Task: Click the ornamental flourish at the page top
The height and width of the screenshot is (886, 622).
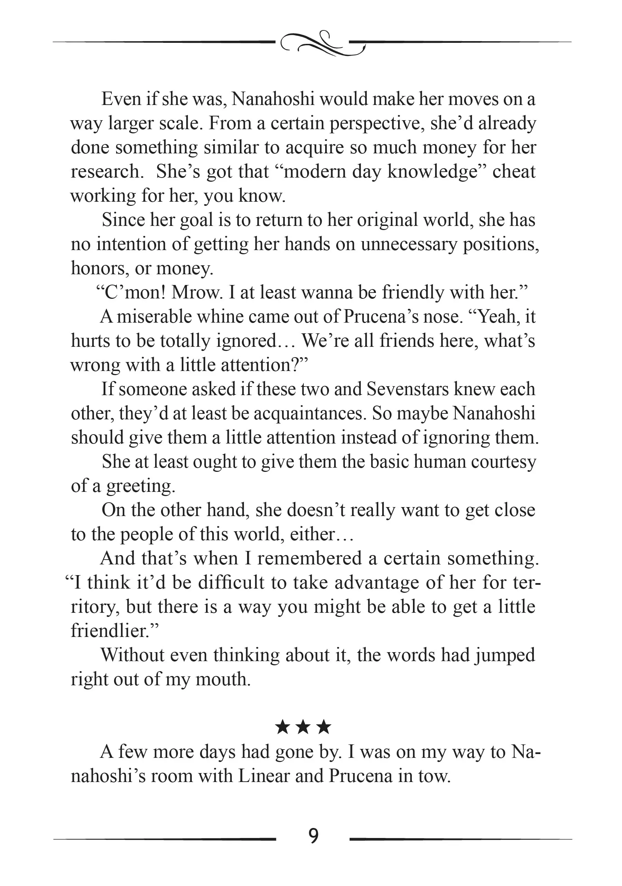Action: [x=323, y=43]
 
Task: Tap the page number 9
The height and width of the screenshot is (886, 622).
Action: [x=313, y=836]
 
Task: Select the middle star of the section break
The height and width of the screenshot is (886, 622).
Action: [x=303, y=727]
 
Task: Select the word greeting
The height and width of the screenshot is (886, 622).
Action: [x=141, y=486]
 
